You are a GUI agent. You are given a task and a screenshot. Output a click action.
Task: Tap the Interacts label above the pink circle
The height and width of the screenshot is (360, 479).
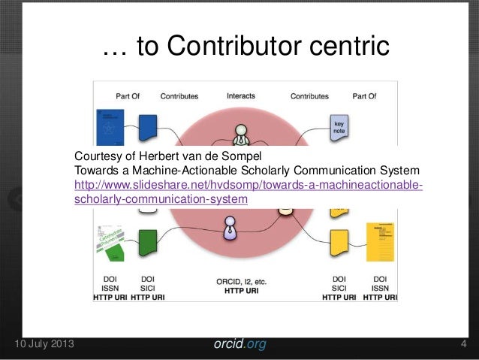point(241,96)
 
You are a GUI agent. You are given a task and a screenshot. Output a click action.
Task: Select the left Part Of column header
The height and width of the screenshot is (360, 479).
point(127,96)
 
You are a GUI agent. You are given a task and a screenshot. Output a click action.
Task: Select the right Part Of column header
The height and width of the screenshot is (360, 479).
point(364,96)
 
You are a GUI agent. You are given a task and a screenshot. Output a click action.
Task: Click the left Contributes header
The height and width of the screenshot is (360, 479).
point(178,96)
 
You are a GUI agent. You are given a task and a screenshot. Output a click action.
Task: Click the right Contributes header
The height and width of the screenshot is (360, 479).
point(309,96)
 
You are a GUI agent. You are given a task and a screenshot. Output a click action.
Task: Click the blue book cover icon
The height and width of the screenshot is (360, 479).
point(108,126)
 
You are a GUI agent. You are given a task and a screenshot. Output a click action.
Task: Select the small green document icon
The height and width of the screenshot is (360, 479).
point(149,241)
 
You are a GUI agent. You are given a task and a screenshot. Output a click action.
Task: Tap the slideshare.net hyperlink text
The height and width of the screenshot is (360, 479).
point(249,186)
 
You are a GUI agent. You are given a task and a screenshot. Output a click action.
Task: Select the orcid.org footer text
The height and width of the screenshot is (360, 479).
point(239,345)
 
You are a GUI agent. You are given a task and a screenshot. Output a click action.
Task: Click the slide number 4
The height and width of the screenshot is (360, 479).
point(463,345)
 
